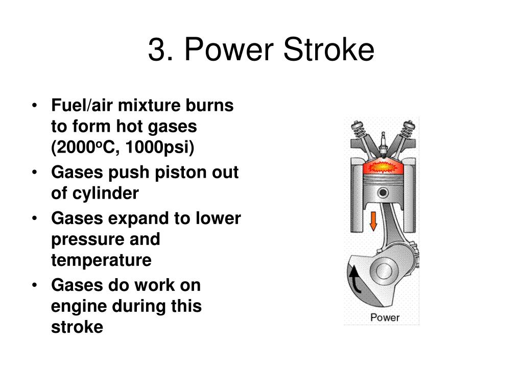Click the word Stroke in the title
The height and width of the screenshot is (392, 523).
[328, 50]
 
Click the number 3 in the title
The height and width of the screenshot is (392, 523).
[156, 50]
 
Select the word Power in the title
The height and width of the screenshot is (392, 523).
[229, 50]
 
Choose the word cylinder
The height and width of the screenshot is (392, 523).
[105, 193]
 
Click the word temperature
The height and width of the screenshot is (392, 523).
[101, 260]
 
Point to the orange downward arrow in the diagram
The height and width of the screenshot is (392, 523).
[373, 220]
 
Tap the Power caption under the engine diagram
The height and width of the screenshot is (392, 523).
[385, 317]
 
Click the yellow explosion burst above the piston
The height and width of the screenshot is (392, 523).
[383, 166]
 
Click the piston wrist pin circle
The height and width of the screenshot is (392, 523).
[383, 192]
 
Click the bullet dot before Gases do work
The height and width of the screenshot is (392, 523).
[34, 285]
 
